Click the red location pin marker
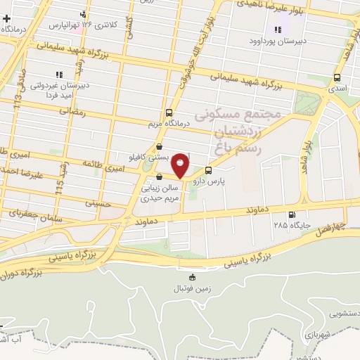click(181, 165)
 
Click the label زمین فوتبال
click(193, 288)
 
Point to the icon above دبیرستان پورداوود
click(278, 30)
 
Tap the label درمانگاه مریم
click(169, 124)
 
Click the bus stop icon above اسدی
click(338, 78)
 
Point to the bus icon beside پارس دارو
click(208, 170)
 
